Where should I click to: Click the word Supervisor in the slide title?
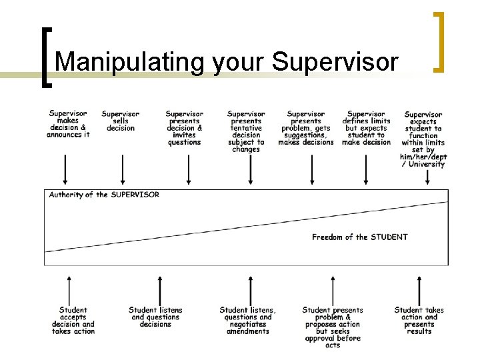(x=335, y=62)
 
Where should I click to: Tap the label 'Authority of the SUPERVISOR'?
(x=104, y=195)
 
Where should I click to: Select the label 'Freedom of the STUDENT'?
(x=359, y=237)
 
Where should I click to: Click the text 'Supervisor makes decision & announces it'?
(x=68, y=124)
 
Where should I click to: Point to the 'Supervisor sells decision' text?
(x=121, y=121)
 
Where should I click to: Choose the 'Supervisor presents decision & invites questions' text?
(x=184, y=128)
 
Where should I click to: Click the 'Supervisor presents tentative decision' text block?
(x=246, y=131)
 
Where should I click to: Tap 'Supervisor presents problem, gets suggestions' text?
(x=306, y=128)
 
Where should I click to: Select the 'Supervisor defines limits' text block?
(x=366, y=128)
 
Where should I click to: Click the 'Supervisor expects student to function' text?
(x=423, y=139)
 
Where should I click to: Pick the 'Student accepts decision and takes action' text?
(x=73, y=321)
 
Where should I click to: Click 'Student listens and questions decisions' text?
(x=155, y=317)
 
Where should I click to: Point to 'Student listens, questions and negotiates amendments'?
(x=247, y=321)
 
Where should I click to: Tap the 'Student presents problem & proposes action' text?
(x=333, y=327)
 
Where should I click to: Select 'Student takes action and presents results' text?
(x=419, y=321)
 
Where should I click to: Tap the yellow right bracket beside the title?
(x=439, y=41)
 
